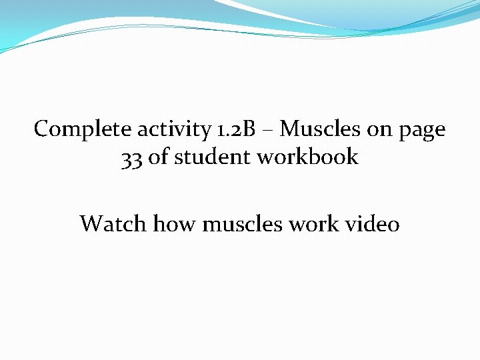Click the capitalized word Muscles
point(321,129)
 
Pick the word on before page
point(379,129)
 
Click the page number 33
point(132,158)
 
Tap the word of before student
point(159,157)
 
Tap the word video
point(373,223)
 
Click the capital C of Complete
point(41,129)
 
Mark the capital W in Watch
point(91,223)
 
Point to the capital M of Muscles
point(291,129)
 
